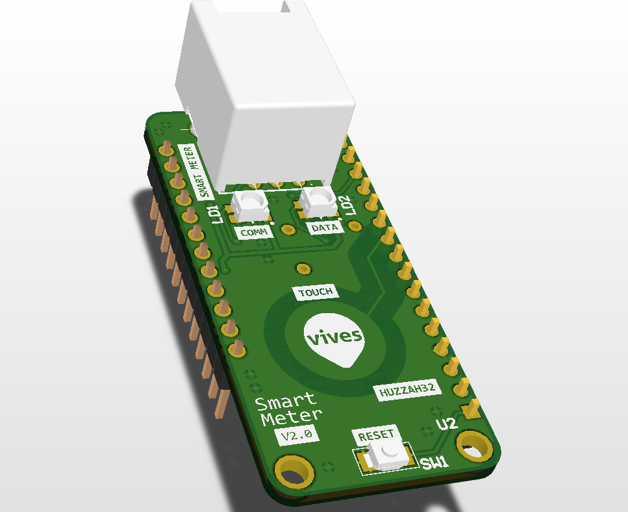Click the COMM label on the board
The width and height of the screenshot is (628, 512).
253,233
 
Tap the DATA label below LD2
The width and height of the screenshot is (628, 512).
325,227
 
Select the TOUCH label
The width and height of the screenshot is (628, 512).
316,292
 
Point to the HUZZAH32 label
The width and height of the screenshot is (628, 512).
407,390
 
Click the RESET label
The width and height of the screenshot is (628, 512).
375,435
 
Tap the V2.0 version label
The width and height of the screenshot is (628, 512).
297,435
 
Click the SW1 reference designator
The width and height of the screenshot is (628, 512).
434,463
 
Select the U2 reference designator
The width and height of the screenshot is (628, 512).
447,424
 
